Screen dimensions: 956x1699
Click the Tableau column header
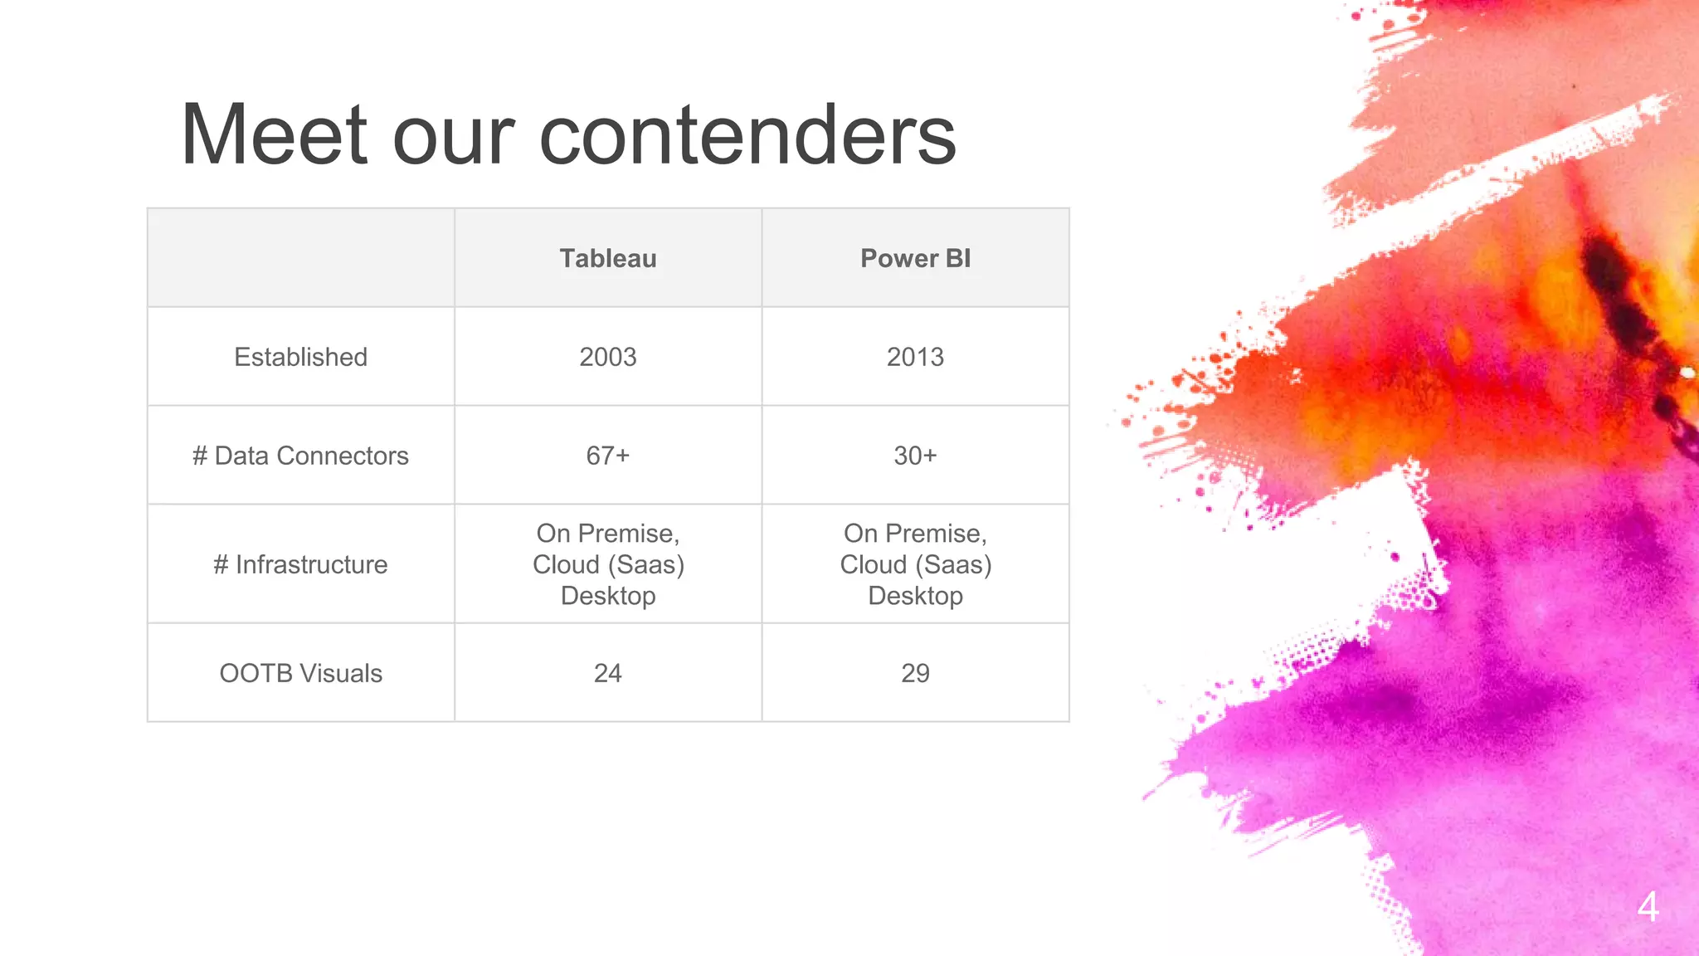(607, 258)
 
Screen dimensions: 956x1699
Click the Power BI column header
(915, 258)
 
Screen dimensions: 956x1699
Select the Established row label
(300, 357)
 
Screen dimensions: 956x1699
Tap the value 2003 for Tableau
(607, 357)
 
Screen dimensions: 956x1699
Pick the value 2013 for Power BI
(915, 357)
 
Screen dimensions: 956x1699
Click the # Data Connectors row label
(300, 456)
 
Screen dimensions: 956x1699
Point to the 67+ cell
(607, 456)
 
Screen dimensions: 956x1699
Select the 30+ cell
(915, 456)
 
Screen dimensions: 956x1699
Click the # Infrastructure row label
(300, 564)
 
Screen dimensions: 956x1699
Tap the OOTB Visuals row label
(300, 673)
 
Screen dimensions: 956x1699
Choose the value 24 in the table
(607, 673)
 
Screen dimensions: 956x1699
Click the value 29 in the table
(915, 673)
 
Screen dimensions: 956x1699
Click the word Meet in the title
(274, 134)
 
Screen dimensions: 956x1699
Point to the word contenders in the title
(747, 134)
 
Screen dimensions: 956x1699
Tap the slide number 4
(1648, 906)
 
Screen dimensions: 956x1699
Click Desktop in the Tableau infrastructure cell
(607, 596)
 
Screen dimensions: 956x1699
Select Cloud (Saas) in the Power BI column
(915, 564)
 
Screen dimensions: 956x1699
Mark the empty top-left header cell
(300, 258)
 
